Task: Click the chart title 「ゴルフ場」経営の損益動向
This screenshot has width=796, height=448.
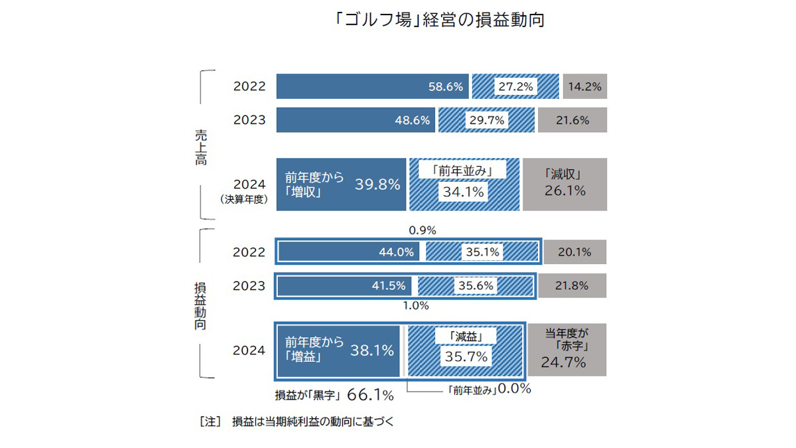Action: (440, 20)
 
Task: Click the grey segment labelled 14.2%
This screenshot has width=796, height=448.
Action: (584, 87)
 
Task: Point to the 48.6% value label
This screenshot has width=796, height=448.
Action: (413, 121)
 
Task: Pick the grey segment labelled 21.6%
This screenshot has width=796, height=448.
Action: (572, 121)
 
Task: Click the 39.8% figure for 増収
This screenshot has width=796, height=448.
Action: (378, 185)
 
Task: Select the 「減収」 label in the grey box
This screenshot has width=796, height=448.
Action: (564, 175)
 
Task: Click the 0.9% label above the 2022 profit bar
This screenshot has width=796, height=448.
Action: (423, 230)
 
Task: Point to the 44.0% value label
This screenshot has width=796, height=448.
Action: (397, 252)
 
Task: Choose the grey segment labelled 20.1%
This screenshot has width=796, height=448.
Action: (574, 252)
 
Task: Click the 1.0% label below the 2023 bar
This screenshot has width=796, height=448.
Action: (416, 306)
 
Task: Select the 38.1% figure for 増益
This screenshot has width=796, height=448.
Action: (372, 350)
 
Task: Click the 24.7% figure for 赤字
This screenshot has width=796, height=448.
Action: (563, 362)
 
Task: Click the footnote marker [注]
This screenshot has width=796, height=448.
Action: (209, 421)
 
